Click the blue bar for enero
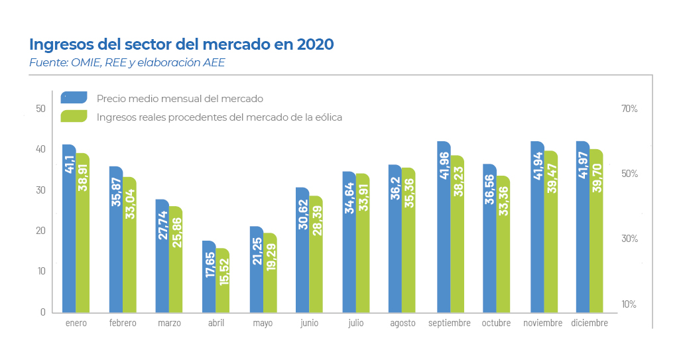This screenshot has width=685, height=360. click(69, 229)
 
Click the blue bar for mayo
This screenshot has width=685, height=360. click(257, 269)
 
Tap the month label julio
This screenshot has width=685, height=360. click(356, 323)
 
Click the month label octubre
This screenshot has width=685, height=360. click(497, 323)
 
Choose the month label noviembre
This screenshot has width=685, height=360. click(543, 323)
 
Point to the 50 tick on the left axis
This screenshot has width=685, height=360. click(40, 109)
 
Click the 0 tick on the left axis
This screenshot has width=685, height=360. click(43, 312)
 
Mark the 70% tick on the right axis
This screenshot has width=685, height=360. click(629, 109)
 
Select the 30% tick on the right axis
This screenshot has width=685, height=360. click(629, 239)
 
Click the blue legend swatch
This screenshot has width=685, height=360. click(74, 97)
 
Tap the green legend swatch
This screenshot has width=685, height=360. click(74, 116)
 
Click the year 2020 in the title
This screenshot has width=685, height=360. click(315, 44)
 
